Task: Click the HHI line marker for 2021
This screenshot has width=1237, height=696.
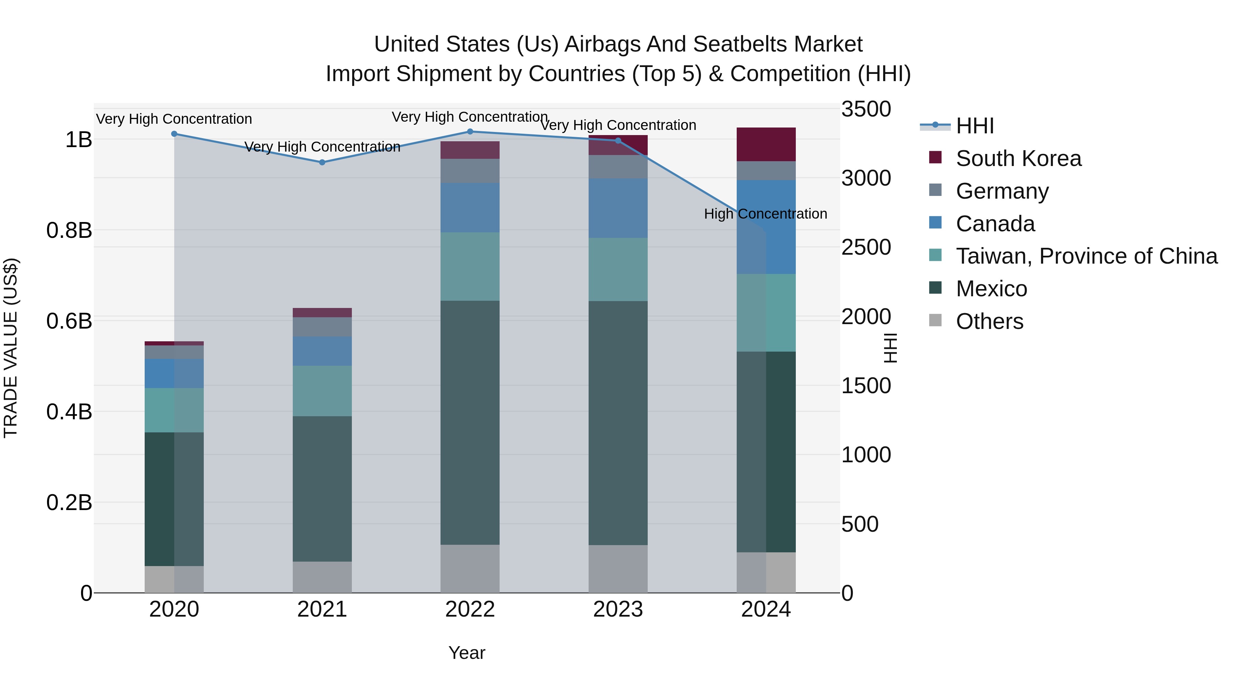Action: click(x=322, y=162)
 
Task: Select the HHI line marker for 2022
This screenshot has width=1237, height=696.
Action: click(x=470, y=132)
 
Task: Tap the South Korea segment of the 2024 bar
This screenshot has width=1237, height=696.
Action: click(x=766, y=144)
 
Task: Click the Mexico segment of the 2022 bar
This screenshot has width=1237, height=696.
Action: click(x=470, y=423)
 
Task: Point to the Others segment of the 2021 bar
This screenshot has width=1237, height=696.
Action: click(x=322, y=577)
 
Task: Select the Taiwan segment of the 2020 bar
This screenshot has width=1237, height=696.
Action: click(x=174, y=410)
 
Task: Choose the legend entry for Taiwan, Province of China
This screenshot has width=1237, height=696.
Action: click(x=1086, y=256)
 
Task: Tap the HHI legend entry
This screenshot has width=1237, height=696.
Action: click(x=974, y=126)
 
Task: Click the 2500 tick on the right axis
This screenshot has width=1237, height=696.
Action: click(x=866, y=247)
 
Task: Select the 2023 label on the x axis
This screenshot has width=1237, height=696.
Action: click(x=618, y=609)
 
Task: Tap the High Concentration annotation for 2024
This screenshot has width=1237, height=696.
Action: click(x=766, y=214)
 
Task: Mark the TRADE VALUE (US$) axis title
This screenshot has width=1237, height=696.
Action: click(x=11, y=348)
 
